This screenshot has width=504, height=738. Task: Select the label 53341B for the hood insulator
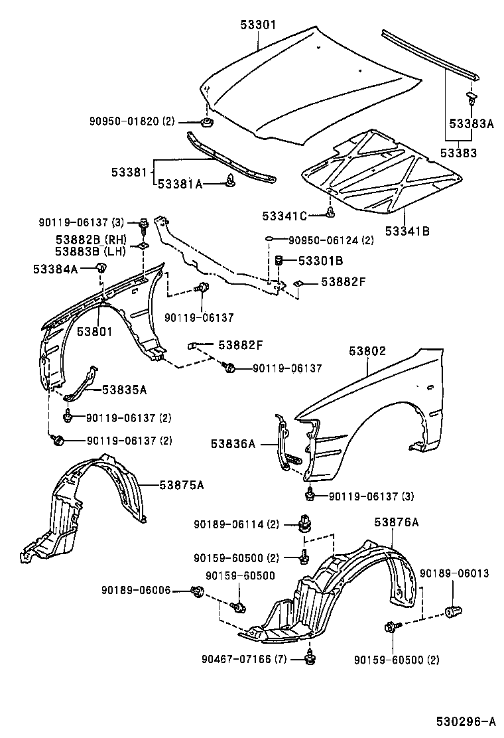coord(408,232)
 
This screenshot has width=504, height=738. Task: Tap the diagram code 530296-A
coord(466,721)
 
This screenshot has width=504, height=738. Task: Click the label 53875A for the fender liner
coord(181,485)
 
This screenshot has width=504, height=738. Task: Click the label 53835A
coord(124,390)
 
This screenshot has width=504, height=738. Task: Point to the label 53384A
coord(56,268)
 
